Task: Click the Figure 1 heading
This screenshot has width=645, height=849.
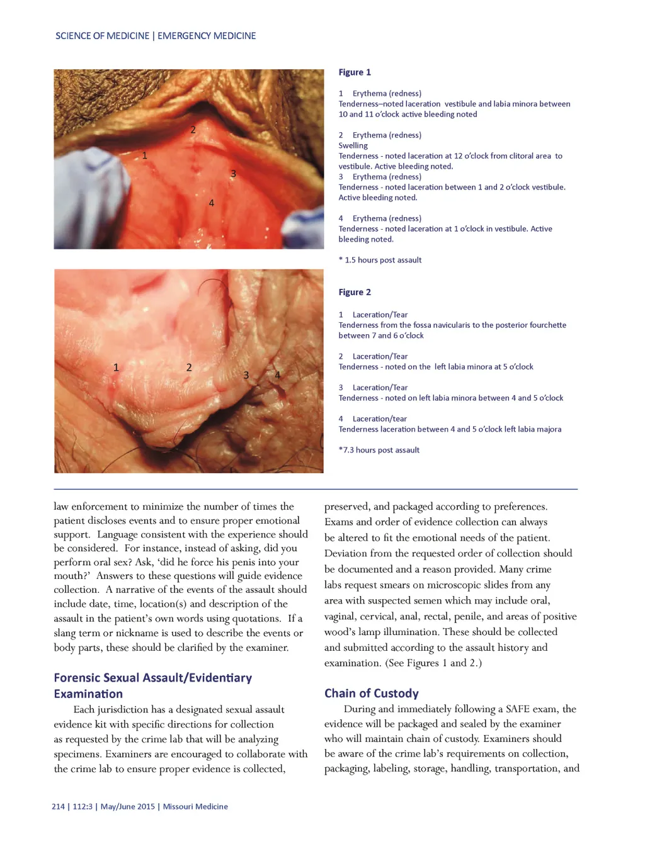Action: pyautogui.click(x=355, y=72)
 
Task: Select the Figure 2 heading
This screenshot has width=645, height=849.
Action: pyautogui.click(x=355, y=292)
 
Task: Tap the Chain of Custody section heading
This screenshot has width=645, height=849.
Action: pyautogui.click(x=371, y=693)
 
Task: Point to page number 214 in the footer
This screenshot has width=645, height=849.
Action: pyautogui.click(x=58, y=806)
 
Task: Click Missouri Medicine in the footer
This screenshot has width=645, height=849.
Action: pyautogui.click(x=195, y=806)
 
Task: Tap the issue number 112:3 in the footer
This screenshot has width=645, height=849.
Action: pyautogui.click(x=83, y=806)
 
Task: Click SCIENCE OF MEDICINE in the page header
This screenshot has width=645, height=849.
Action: pyautogui.click(x=102, y=36)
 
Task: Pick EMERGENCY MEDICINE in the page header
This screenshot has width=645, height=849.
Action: pyautogui.click(x=207, y=36)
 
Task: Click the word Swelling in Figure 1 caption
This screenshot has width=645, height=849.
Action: pyautogui.click(x=353, y=145)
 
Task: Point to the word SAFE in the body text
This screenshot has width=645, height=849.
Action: pyautogui.click(x=518, y=709)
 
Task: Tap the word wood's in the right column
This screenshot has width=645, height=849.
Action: pyautogui.click(x=340, y=632)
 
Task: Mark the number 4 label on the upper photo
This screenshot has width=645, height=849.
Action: pyautogui.click(x=212, y=203)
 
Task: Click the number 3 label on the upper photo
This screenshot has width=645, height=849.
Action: pyautogui.click(x=233, y=174)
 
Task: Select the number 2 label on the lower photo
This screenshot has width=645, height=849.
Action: pyautogui.click(x=189, y=368)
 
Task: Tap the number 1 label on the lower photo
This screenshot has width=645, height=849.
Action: pyautogui.click(x=116, y=368)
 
